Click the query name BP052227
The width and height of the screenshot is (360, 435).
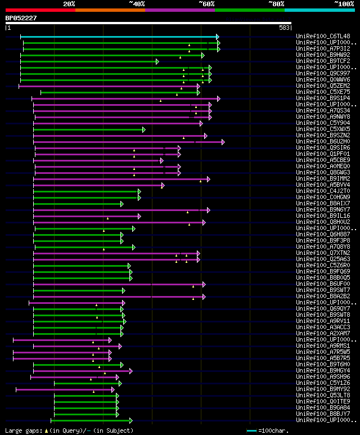click(x=21, y=17)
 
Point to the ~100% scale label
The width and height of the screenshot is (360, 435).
click(x=344, y=3)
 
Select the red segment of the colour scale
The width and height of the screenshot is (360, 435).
click(x=40, y=10)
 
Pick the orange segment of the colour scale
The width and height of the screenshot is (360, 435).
click(x=110, y=10)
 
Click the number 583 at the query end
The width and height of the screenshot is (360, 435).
click(x=284, y=28)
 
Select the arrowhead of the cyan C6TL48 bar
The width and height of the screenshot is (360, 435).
click(x=218, y=37)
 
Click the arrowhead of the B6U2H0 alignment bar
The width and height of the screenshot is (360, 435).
click(x=223, y=142)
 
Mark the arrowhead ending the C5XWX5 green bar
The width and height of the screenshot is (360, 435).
click(x=144, y=129)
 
